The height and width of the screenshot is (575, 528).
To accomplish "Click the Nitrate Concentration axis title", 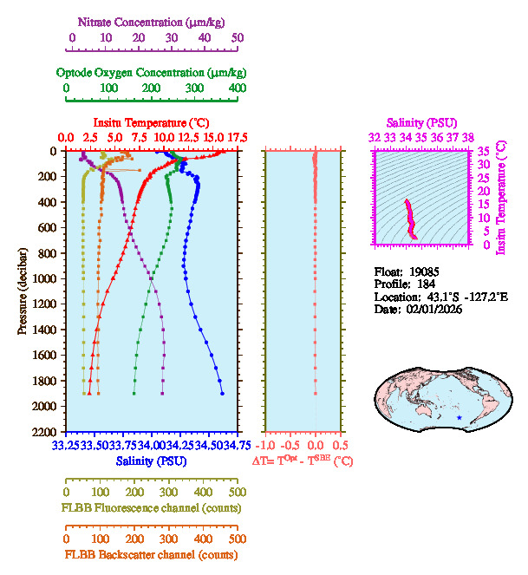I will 147,20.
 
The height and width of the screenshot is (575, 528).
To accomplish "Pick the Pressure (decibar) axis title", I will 23,291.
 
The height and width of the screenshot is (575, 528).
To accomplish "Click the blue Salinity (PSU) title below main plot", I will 151,461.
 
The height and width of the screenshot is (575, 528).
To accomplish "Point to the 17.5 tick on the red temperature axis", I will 237,137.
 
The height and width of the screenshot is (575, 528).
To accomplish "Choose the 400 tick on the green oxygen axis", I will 237,88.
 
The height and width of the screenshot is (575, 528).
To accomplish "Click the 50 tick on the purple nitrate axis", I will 237,37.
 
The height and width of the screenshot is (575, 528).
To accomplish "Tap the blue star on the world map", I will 459,419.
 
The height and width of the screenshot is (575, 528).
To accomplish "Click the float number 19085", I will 431,271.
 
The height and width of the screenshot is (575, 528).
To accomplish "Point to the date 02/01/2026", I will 431,309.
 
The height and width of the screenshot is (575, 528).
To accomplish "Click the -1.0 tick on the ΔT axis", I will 267,446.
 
